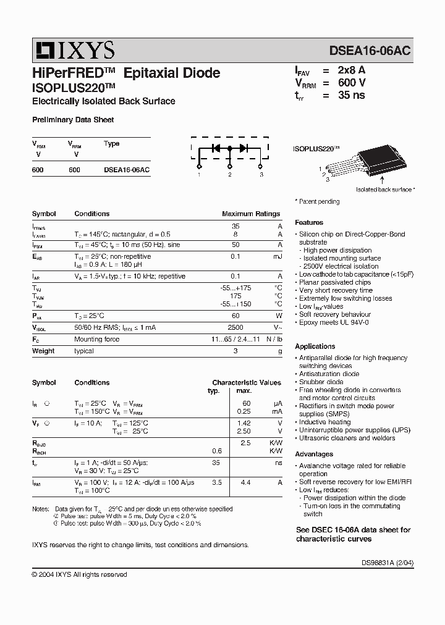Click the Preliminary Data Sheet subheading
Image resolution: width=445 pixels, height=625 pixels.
[72, 120]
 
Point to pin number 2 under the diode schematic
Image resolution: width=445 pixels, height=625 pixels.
[229, 175]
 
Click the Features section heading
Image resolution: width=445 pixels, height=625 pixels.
[309, 222]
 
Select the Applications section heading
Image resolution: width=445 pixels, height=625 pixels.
[315, 346]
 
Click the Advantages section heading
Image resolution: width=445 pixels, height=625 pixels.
[314, 454]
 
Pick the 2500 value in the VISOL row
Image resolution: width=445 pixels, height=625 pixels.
[235, 327]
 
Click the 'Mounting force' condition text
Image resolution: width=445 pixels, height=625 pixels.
[96, 339]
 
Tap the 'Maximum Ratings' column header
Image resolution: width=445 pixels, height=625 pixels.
[251, 214]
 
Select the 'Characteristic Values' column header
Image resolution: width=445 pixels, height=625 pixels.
[247, 382]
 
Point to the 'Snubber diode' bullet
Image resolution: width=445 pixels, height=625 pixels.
[321, 382]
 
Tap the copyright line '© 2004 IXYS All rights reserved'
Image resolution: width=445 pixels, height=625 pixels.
[79, 574]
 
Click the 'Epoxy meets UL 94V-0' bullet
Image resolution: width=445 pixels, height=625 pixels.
[334, 322]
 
